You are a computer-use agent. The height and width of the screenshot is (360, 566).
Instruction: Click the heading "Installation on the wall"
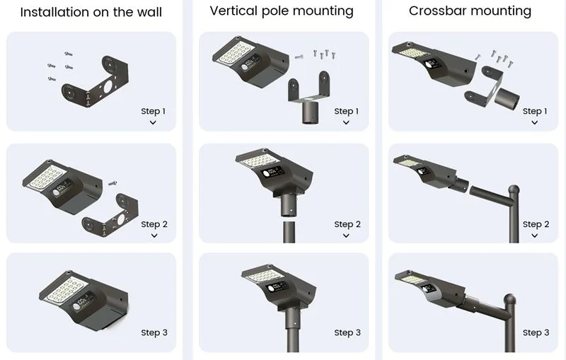(x=91, y=12)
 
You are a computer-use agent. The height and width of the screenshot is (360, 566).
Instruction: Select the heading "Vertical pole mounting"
(x=282, y=11)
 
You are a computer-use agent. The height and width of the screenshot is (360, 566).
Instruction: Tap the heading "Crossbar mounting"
(x=470, y=11)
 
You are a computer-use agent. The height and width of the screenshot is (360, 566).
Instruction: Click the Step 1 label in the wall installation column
(x=154, y=111)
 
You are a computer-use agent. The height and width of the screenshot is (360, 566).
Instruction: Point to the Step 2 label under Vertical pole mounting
(x=347, y=224)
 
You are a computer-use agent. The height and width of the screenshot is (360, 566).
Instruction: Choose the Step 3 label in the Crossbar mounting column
(x=536, y=332)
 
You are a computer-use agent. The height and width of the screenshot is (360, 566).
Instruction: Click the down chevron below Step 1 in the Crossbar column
(x=534, y=122)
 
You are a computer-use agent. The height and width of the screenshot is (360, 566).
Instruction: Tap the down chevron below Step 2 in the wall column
(x=154, y=236)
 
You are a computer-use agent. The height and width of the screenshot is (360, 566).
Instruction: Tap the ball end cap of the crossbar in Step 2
(x=513, y=190)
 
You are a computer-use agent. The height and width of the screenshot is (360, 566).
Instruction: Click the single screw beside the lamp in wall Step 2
(x=112, y=182)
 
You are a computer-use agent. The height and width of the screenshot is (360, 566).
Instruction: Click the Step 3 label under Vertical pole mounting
(x=347, y=332)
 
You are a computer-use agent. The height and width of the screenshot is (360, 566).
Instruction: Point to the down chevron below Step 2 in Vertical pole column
(x=346, y=236)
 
